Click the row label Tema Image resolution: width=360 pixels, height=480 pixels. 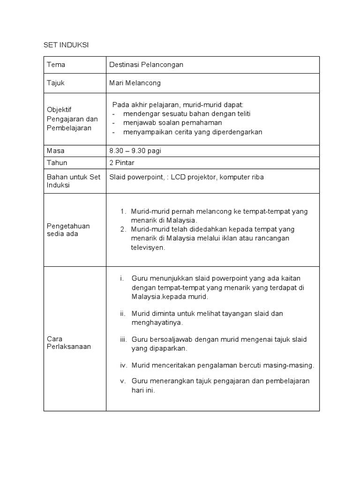56,65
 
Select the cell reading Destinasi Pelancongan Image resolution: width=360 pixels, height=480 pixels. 146,65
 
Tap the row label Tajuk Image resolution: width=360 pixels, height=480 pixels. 56,83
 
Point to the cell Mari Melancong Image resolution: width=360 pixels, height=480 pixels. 135,83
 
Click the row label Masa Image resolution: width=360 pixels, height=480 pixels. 56,151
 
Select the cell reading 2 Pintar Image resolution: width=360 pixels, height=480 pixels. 122,163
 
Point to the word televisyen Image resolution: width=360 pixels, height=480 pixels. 148,247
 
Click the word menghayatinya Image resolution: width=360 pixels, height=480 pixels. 157,322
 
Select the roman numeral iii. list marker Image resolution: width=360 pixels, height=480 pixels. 123,339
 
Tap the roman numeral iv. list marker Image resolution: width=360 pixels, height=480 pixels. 123,365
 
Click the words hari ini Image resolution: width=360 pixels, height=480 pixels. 143,390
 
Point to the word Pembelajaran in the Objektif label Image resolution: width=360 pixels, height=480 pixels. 69,128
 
